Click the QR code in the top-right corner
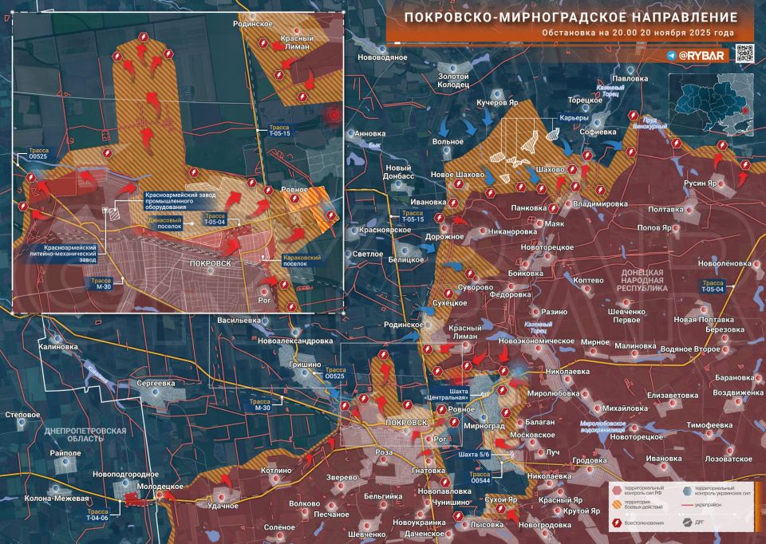point(744,55)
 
